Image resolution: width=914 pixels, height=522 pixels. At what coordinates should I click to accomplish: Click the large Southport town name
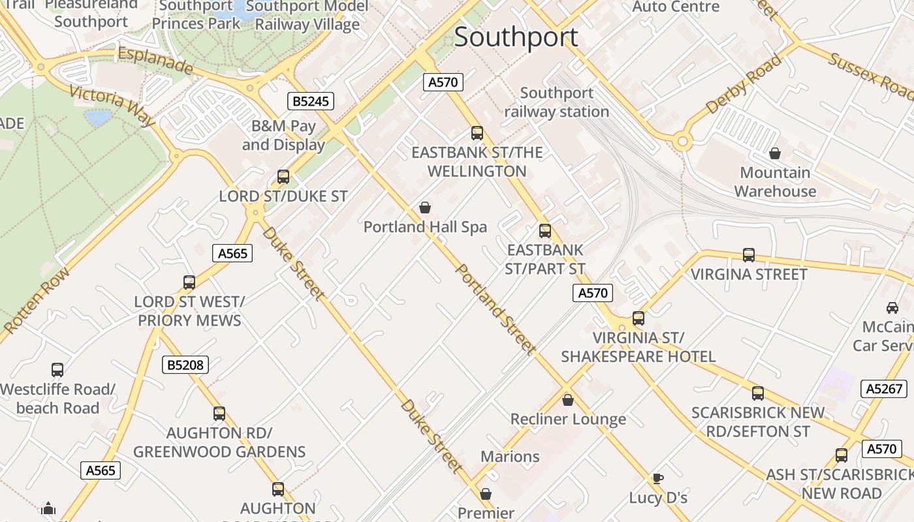coord(516,37)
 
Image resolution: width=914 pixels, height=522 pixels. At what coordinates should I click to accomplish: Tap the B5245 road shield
coord(311,101)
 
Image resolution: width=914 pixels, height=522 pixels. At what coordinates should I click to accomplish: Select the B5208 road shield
coord(185,365)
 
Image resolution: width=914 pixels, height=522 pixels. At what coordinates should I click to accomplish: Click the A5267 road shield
coord(885,389)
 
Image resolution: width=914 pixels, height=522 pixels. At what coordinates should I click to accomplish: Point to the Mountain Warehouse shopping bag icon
coord(775,153)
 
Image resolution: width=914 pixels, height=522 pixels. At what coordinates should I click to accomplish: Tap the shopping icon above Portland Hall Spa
coord(425,207)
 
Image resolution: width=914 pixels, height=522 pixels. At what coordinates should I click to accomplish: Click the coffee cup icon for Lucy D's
coord(658,478)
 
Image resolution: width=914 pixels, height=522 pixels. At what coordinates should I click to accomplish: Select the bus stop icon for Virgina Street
coord(749,255)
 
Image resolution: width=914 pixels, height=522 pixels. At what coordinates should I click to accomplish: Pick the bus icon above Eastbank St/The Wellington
coord(477,133)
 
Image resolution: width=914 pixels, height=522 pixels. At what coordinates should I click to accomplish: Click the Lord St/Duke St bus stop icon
coord(283,176)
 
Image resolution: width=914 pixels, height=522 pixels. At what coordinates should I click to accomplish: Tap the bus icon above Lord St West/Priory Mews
coord(189,283)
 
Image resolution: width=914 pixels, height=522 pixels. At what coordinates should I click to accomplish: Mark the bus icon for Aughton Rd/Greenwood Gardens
coord(219,413)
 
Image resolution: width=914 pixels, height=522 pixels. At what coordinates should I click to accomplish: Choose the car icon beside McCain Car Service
coord(892,307)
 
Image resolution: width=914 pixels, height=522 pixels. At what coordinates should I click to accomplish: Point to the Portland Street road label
coord(495,309)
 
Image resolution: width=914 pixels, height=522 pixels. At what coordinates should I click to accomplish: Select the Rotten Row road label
coord(35,301)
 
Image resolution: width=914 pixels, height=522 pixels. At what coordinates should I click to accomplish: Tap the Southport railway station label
coord(557,102)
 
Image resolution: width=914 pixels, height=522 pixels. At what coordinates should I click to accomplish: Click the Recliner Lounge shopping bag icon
coord(568,400)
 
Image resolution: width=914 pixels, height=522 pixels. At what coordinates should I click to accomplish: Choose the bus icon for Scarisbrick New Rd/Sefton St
coord(758,393)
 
